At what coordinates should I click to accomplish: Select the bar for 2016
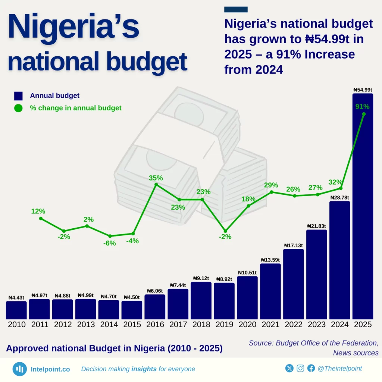click(x=155, y=307)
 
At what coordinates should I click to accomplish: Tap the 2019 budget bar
click(x=224, y=301)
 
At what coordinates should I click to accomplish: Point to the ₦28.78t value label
click(x=339, y=197)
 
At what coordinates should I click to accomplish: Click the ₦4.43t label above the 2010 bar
click(x=16, y=297)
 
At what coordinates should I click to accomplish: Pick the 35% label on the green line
click(x=156, y=178)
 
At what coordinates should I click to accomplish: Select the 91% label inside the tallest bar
click(x=363, y=107)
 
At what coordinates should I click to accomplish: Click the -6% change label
click(x=110, y=243)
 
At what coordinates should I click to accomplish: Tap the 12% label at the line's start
click(x=38, y=211)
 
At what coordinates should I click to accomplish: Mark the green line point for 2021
click(x=271, y=192)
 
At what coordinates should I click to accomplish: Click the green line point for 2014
click(x=110, y=236)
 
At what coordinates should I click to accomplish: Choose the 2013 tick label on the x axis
click(x=86, y=325)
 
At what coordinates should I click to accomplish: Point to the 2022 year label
click(x=294, y=325)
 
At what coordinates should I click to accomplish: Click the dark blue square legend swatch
click(x=19, y=96)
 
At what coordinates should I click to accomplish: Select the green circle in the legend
click(x=19, y=108)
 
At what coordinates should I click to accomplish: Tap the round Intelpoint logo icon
click(x=19, y=369)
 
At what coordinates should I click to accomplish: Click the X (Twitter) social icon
click(x=289, y=369)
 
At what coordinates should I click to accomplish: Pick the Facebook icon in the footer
click(x=311, y=369)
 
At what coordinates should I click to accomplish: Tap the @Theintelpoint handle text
click(x=339, y=369)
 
